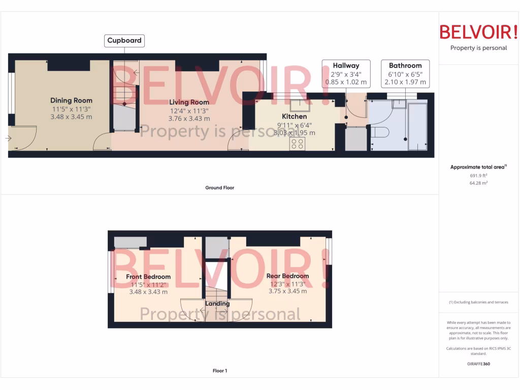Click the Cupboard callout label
pos(124,41)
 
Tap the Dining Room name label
pos(71,101)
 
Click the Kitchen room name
pos(294,117)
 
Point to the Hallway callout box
pos(346,73)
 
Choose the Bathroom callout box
pos(405,73)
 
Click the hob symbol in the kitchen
pos(297,144)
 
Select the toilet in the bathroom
pos(380,132)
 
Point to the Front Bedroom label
pos(148,277)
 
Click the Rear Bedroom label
pos(287,276)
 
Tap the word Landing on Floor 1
pos(217,304)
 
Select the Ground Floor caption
pos(219,188)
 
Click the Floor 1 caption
pos(219,371)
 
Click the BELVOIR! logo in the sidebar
pos(478,32)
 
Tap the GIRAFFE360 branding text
pos(478,364)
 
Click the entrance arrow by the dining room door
pos(9,138)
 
